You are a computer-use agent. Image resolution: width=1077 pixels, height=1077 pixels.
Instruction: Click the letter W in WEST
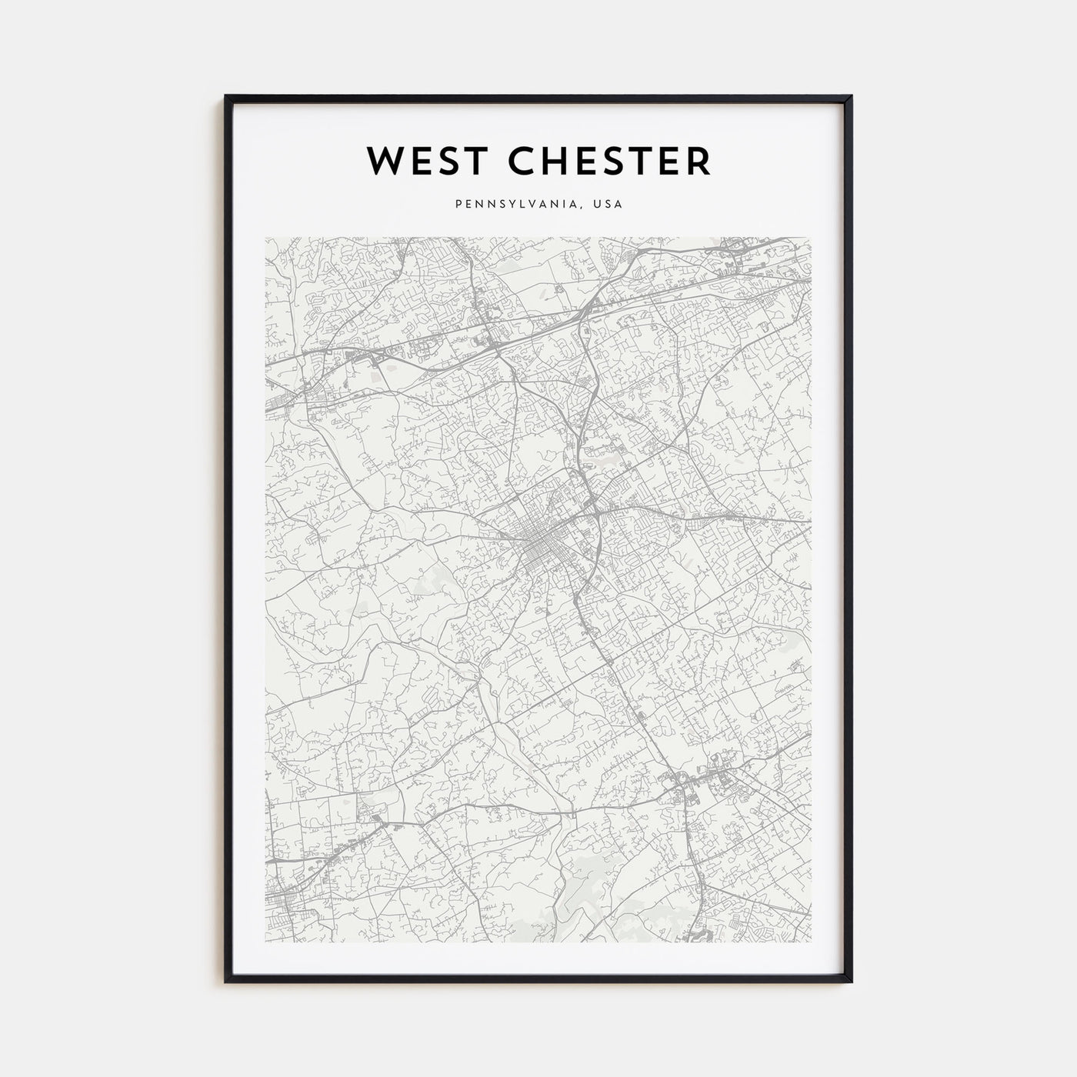(382, 160)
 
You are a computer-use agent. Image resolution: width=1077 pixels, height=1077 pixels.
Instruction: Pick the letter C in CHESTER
(502, 160)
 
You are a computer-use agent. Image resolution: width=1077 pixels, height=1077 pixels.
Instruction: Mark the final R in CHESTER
(699, 160)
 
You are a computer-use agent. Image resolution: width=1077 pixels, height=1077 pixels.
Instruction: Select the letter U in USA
(596, 205)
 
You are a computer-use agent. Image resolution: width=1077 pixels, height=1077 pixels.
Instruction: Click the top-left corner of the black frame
(226, 96)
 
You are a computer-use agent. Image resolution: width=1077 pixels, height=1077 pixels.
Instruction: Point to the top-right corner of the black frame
(851, 96)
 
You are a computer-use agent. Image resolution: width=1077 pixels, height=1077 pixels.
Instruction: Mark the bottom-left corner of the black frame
(226, 982)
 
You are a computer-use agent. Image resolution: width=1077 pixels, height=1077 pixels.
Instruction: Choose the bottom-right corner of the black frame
(851, 982)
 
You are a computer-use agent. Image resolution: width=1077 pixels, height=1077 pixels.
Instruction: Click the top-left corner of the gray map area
(265, 237)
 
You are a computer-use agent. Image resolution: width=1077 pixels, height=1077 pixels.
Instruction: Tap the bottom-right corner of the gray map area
(812, 942)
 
